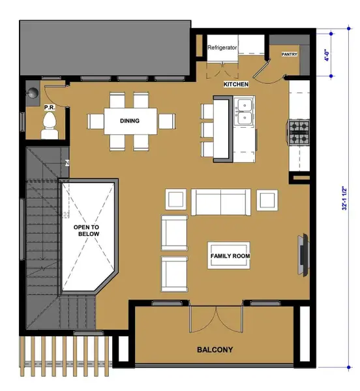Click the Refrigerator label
tap(222, 48)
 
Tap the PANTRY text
tap(289, 55)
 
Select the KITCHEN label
tap(235, 85)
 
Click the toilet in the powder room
tap(50, 124)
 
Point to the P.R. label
tap(48, 106)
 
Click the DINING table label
tap(130, 121)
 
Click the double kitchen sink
tap(245, 111)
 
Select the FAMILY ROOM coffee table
tap(230, 255)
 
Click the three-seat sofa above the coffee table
tap(221, 201)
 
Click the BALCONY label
tap(215, 350)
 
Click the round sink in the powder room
tap(33, 93)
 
